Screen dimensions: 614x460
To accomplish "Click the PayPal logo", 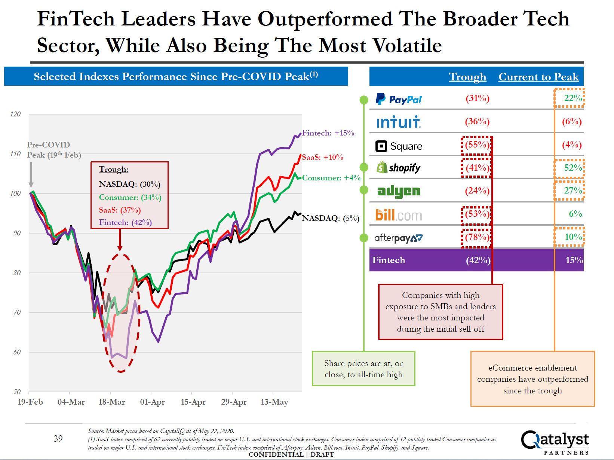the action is pyautogui.click(x=398, y=99).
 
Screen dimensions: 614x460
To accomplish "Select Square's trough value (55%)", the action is pyautogui.click(x=477, y=145).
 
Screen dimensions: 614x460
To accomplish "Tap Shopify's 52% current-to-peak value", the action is pyautogui.click(x=573, y=168).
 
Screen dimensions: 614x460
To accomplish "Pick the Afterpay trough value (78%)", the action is pyautogui.click(x=477, y=237).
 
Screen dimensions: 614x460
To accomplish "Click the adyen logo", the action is pyautogui.click(x=399, y=191).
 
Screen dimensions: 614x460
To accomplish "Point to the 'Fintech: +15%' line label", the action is pyautogui.click(x=328, y=133).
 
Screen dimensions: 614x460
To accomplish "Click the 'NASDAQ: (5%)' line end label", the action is pyautogui.click(x=331, y=218).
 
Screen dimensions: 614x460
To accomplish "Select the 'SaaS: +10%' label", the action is pyautogui.click(x=323, y=157).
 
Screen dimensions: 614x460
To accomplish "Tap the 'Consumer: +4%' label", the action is pyautogui.click(x=331, y=178).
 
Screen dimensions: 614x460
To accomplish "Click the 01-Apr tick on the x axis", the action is pyautogui.click(x=152, y=402).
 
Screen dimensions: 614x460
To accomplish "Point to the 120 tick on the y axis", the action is pyautogui.click(x=15, y=114).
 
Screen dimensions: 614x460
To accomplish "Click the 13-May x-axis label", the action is pyautogui.click(x=274, y=402).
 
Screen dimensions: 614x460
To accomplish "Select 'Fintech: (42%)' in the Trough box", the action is pyautogui.click(x=125, y=222).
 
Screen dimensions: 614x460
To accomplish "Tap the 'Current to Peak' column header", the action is pyautogui.click(x=538, y=77).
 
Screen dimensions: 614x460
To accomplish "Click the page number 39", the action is pyautogui.click(x=58, y=438).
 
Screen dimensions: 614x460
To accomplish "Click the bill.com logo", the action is pyautogui.click(x=398, y=215).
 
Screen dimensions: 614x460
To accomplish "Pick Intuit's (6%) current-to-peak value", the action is pyautogui.click(x=572, y=122).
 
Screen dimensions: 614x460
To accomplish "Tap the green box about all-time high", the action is pyautogui.click(x=363, y=369).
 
